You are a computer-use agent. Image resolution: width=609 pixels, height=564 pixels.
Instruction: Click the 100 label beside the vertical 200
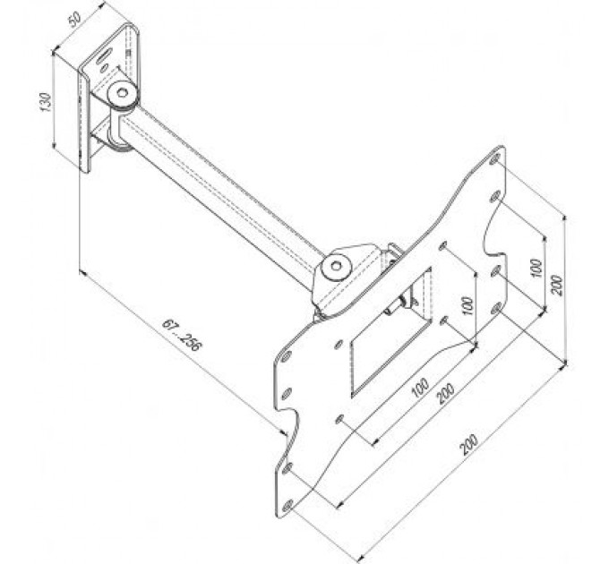[x=536, y=268]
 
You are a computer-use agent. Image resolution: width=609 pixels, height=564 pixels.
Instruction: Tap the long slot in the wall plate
[x=104, y=56]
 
